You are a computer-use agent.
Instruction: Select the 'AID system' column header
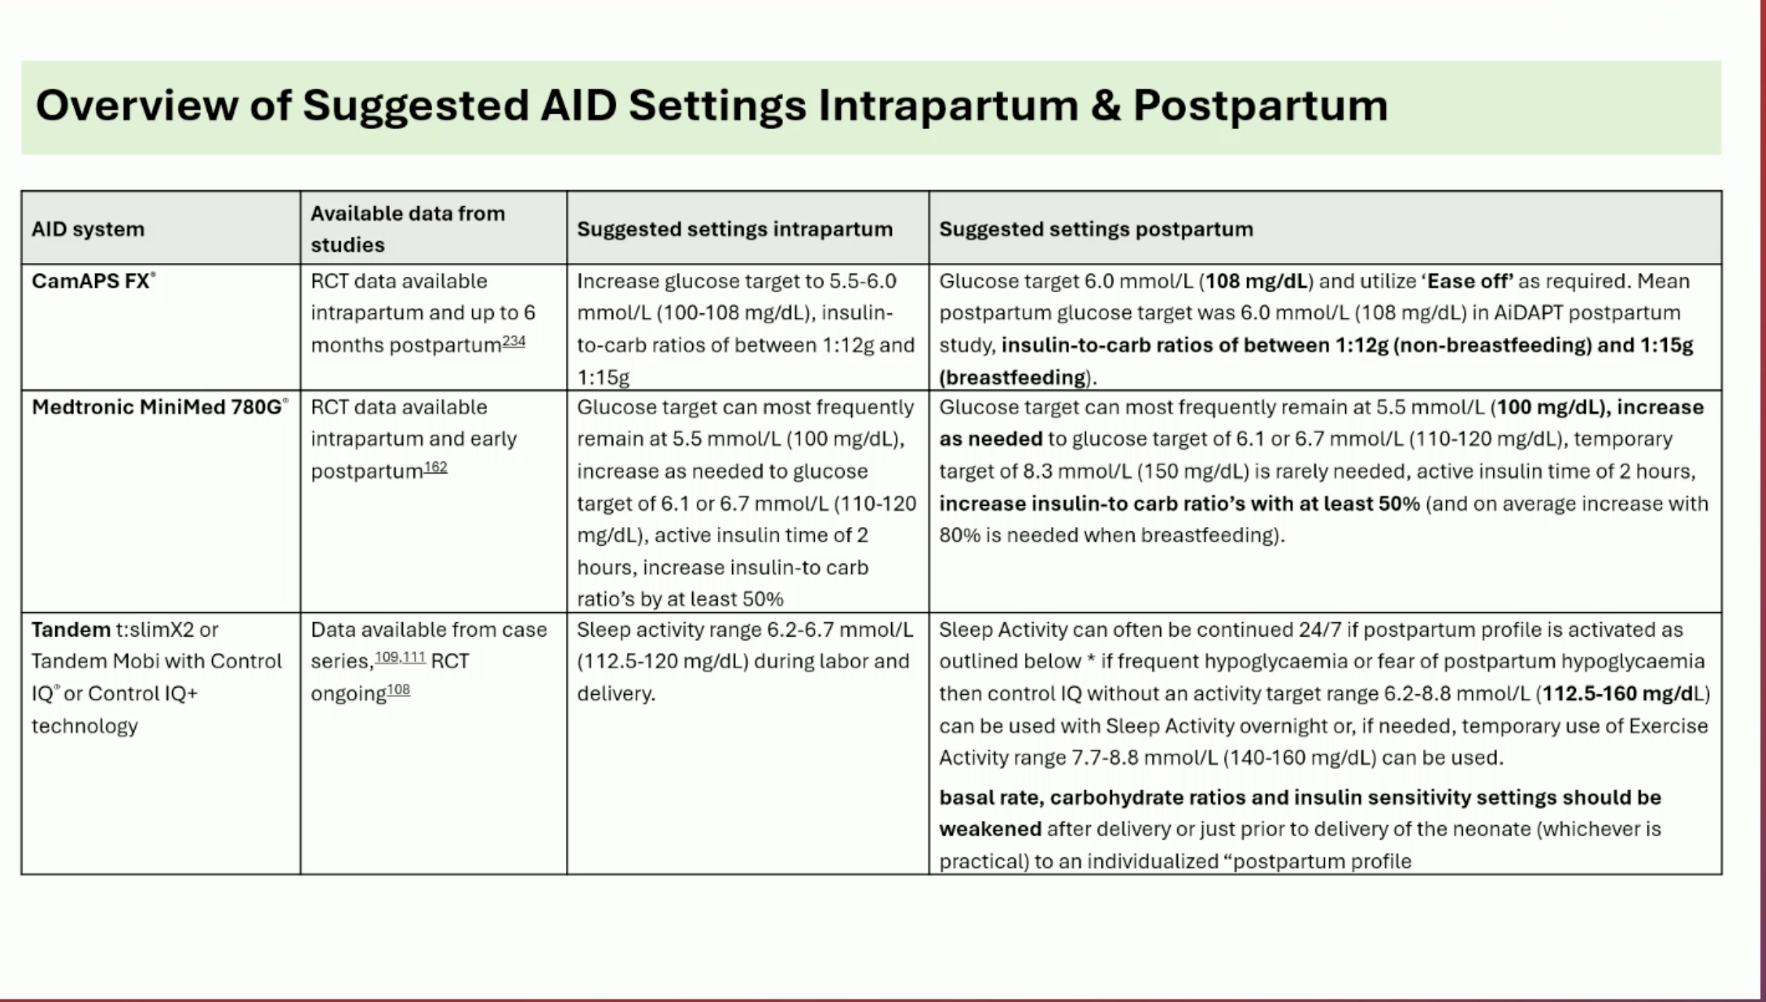coord(88,229)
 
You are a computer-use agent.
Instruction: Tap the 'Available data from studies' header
coord(408,229)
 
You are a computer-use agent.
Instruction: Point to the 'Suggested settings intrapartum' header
coord(734,229)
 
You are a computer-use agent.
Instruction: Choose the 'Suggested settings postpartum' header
coord(1096,229)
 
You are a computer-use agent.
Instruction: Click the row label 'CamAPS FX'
coord(91,281)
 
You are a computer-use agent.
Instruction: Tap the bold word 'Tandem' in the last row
coord(71,629)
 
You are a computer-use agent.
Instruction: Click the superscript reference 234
coord(513,341)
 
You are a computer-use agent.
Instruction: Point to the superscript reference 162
coord(435,467)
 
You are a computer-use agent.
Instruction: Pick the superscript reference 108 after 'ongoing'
coord(398,689)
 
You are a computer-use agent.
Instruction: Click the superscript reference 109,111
coord(400,657)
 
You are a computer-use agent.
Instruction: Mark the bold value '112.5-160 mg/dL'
coord(1622,693)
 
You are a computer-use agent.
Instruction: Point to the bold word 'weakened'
coord(990,829)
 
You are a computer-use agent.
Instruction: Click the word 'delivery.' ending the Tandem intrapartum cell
coord(616,693)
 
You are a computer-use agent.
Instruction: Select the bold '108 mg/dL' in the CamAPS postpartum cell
coord(1257,281)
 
